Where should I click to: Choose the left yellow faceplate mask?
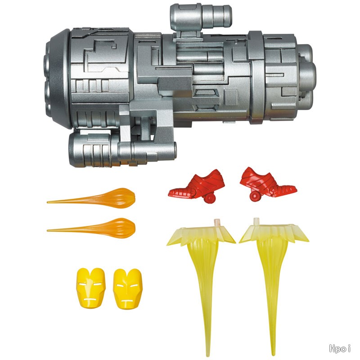click(x=91, y=288)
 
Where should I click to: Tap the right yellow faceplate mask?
click(x=128, y=289)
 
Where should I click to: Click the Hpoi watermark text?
click(x=340, y=348)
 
